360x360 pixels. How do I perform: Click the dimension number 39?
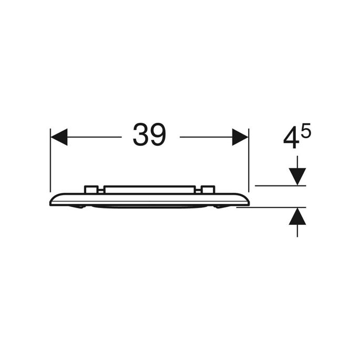point(149,136)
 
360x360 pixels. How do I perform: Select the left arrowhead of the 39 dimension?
point(59,137)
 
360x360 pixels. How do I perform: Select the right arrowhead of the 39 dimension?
point(240,137)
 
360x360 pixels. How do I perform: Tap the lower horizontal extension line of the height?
point(268,207)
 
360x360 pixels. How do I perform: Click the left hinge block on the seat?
point(90,190)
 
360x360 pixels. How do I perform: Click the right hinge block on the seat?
point(208,190)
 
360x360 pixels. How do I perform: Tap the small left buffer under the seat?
point(80,207)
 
